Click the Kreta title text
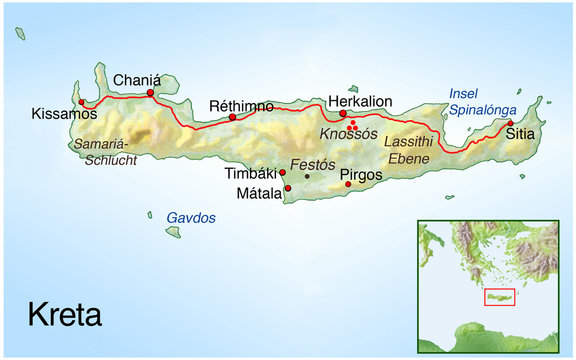(64, 316)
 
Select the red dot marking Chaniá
(150, 94)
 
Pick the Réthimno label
(241, 106)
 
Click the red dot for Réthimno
(233, 118)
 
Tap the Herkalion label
(360, 101)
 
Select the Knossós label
(349, 134)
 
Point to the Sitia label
(520, 133)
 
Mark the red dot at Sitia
(510, 124)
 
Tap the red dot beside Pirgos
(347, 184)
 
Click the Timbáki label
(251, 174)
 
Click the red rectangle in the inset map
(498, 297)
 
